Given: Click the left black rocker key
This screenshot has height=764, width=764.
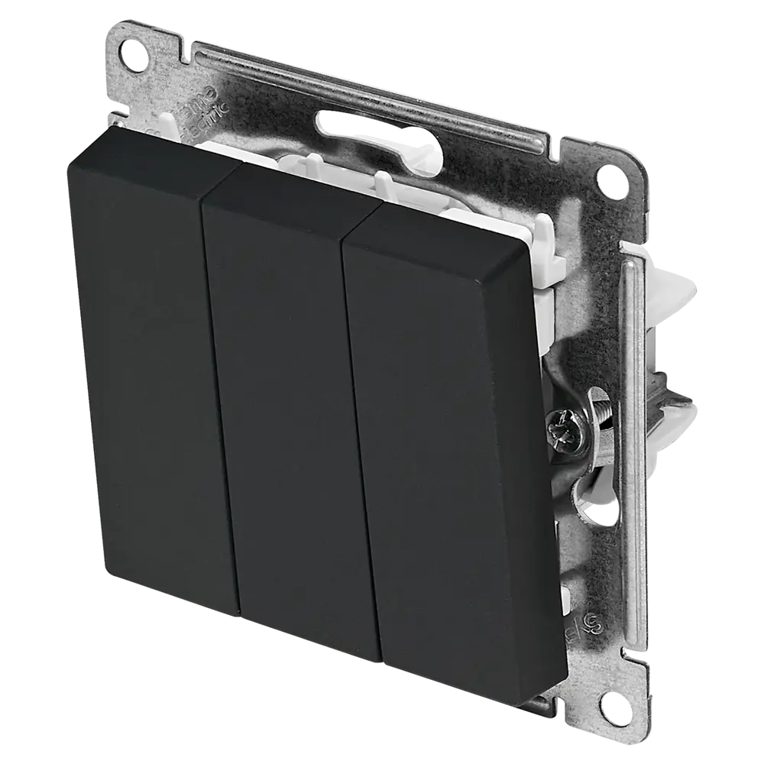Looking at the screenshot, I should click(145, 367).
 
